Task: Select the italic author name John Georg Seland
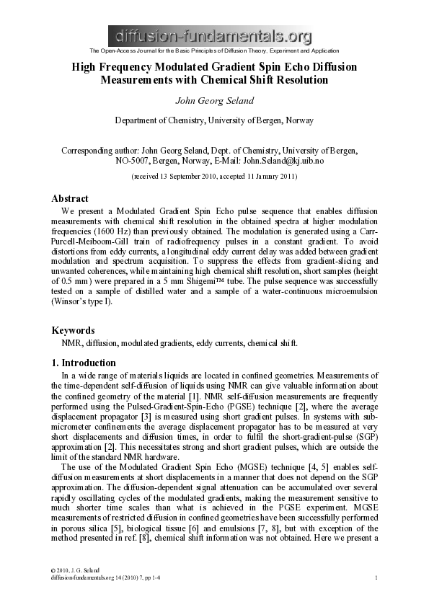214,99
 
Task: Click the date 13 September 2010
194,176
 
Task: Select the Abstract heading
70,198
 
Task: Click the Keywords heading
74,330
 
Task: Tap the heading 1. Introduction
84,363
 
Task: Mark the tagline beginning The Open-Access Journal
214,50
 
